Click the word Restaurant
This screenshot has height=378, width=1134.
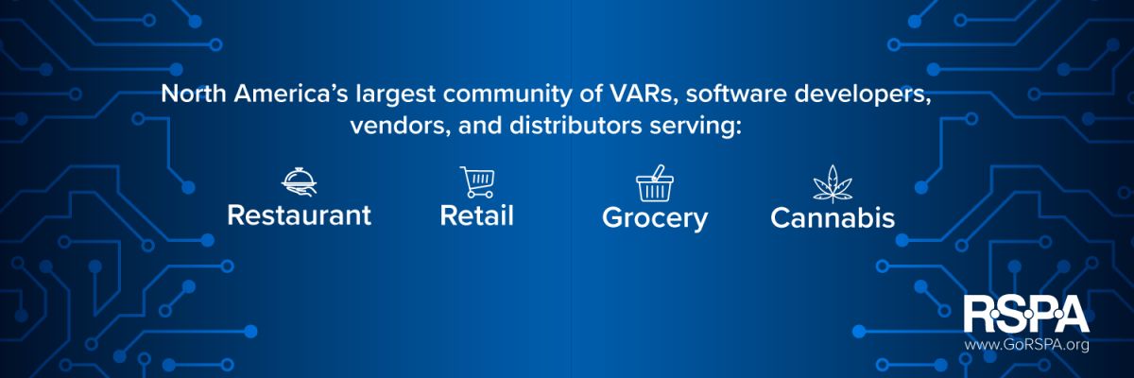pos(300,215)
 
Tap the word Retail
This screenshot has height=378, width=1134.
pos(477,215)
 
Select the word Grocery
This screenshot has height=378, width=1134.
pos(655,218)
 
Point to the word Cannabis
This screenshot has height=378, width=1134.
pos(833,217)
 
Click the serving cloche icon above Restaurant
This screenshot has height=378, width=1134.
pos(300,181)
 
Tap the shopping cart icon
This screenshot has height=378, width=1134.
pos(477,182)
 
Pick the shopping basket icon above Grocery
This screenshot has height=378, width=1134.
pos(655,183)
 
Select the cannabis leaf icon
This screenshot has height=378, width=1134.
pos(833,183)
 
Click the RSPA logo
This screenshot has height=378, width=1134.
pos(1025,314)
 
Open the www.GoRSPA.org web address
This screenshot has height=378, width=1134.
pos(1026,345)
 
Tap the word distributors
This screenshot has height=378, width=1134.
pos(576,125)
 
